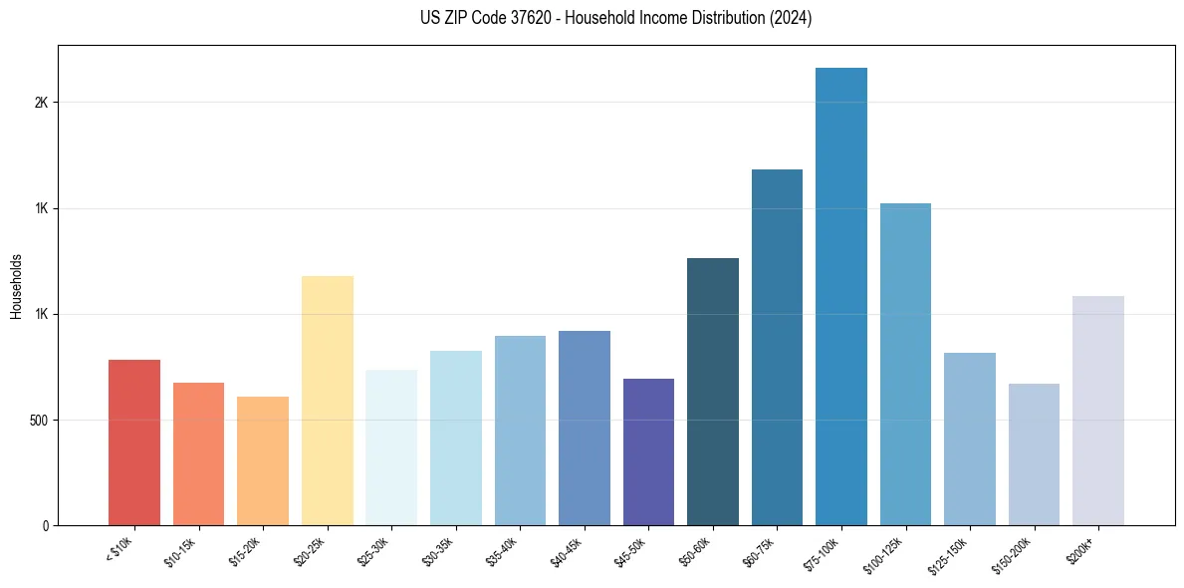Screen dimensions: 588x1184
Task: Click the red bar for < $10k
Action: (134, 442)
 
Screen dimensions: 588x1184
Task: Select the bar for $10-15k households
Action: (198, 453)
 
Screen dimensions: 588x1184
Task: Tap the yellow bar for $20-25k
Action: (327, 401)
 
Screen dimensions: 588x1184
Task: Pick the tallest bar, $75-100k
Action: (841, 296)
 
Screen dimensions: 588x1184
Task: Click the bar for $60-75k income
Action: (777, 347)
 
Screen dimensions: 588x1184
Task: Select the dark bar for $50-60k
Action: (713, 392)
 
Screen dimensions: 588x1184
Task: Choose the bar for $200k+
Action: (1098, 411)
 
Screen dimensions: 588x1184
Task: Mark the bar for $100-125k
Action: (905, 364)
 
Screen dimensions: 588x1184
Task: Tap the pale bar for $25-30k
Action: (391, 447)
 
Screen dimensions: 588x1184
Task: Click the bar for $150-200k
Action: (1034, 454)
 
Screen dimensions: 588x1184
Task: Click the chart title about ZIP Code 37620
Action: (616, 19)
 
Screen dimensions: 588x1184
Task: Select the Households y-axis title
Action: (16, 285)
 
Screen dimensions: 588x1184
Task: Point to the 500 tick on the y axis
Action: (44, 420)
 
